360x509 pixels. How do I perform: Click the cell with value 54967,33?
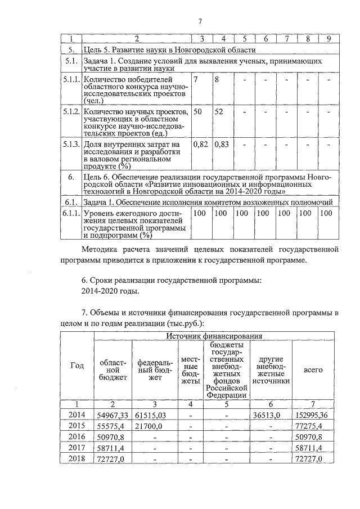[113, 415]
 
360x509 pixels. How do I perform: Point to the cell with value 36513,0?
[271, 415]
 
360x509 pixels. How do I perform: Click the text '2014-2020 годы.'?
[110, 291]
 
